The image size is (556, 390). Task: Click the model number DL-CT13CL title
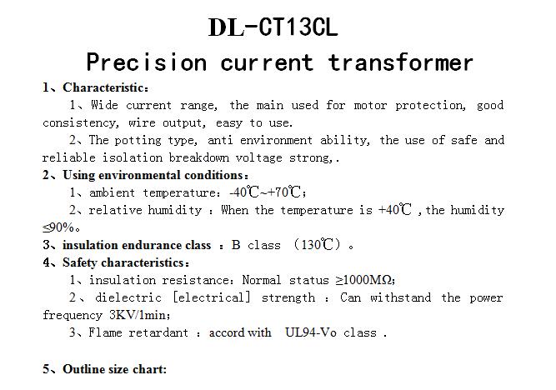coord(273,27)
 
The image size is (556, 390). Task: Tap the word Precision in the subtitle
coord(147,62)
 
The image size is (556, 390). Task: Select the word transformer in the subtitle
coord(400,62)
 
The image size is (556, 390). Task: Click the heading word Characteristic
coord(103,87)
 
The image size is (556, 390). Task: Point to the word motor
coord(370,105)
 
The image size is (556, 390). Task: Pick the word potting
coord(138,140)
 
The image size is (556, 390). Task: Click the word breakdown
coord(198,157)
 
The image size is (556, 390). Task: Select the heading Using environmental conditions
coord(153,175)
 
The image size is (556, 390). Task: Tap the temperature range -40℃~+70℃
coord(265,192)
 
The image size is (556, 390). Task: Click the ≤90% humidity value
coord(58,227)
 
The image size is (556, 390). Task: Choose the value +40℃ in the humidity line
coord(394,209)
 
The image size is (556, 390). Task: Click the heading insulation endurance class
coord(137,245)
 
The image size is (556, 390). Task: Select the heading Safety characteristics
coord(123,262)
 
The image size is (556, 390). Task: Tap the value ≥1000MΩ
coord(364,280)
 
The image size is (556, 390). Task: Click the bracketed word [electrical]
coord(212,297)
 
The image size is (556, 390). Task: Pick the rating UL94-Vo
coord(311,332)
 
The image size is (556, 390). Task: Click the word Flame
coord(105,332)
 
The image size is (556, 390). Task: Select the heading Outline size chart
coord(113,369)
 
